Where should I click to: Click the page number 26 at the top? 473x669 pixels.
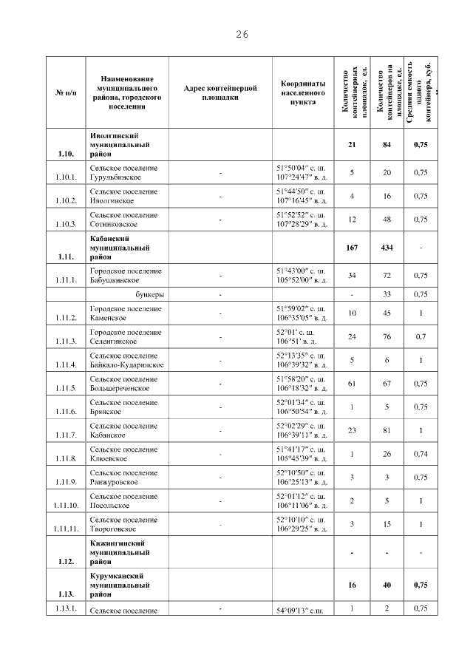[242, 34]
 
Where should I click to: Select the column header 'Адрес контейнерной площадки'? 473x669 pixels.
[220, 92]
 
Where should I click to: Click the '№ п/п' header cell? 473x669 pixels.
[64, 92]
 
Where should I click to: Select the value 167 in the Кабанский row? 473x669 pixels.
[352, 248]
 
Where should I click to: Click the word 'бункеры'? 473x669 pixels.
[150, 294]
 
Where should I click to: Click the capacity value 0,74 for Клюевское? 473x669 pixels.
[421, 453]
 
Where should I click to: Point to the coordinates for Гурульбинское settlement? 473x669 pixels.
[302, 172]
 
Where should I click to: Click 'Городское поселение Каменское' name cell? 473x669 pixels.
[125, 313]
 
